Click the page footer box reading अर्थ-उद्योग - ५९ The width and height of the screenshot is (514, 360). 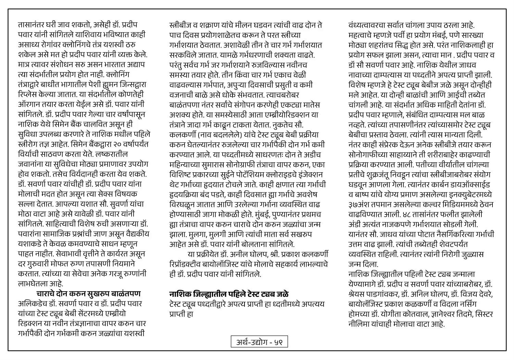pyautogui.click(x=259, y=342)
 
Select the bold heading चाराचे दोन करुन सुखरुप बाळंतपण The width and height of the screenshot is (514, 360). pyautogui.click(x=88, y=294)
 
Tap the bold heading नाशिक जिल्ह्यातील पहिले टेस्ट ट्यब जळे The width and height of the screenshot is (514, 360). pyautogui.click(x=229, y=294)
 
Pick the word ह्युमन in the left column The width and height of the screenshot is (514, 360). pyautogui.click(x=101, y=85)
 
